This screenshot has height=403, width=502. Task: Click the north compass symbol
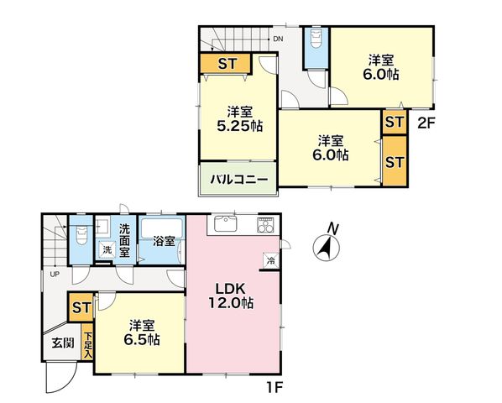pos(327,246)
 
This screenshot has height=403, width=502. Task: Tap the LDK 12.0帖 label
pos(231,296)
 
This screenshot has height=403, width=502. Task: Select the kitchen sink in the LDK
pos(226,223)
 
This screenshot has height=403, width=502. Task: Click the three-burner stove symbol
pos(265,225)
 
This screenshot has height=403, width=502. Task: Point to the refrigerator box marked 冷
pos(271,260)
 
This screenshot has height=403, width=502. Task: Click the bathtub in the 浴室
pos(162,228)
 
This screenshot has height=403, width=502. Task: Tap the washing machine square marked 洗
pos(107,250)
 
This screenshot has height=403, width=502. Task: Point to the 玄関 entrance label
pos(63,343)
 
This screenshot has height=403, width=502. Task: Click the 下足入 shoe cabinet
pos(87,343)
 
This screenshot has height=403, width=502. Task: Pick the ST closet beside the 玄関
pos(81,308)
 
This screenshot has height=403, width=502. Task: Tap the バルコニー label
pos(239,180)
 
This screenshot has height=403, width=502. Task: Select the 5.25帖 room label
pos(240,119)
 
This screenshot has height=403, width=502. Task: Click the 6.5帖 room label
pos(142,332)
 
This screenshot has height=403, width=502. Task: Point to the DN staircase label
pos(278,39)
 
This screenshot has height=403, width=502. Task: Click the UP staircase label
pos(55,275)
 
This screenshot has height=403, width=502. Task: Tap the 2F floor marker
pos(426,123)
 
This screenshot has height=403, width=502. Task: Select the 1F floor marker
pos(275,388)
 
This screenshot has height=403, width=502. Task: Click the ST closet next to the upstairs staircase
pos(226,63)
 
